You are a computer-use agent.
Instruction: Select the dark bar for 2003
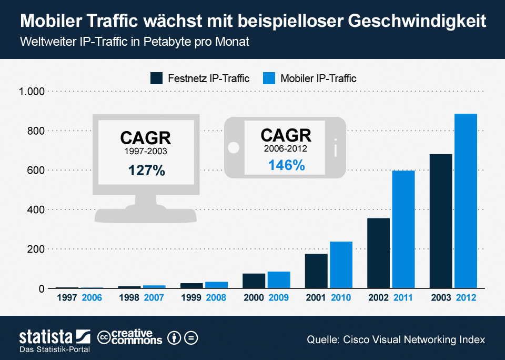pos(441,221)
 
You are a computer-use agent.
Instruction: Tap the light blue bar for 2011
pos(403,229)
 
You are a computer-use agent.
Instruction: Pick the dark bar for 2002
pos(379,253)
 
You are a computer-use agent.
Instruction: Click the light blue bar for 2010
pos(341,265)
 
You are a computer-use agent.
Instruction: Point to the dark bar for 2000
pos(254,281)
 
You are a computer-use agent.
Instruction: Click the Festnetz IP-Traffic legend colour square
pos(156,78)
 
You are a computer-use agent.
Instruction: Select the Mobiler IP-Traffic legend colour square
pos(268,78)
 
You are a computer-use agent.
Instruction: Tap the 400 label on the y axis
pos(36,209)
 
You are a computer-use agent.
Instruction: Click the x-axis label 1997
pos(67,298)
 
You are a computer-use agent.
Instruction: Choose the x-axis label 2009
pos(279,298)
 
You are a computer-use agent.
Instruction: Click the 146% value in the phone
pos(286,165)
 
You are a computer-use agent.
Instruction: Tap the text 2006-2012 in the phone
pos(286,149)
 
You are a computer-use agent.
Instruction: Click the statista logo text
pos(46,336)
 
